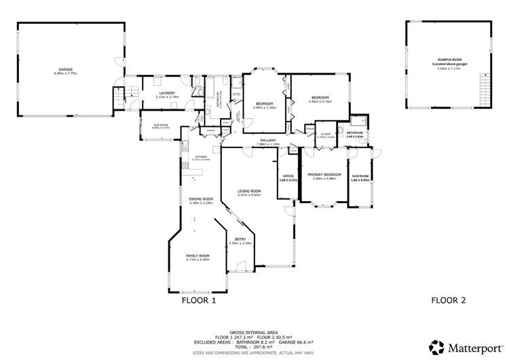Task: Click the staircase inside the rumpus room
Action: [484, 87]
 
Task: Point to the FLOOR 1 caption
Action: [199, 300]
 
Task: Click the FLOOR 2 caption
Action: [449, 300]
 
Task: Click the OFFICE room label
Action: [287, 176]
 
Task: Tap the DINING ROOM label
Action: [201, 198]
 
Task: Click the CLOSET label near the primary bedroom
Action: [326, 133]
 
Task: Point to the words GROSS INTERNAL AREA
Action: [250, 332]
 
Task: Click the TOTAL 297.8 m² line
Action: [250, 346]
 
